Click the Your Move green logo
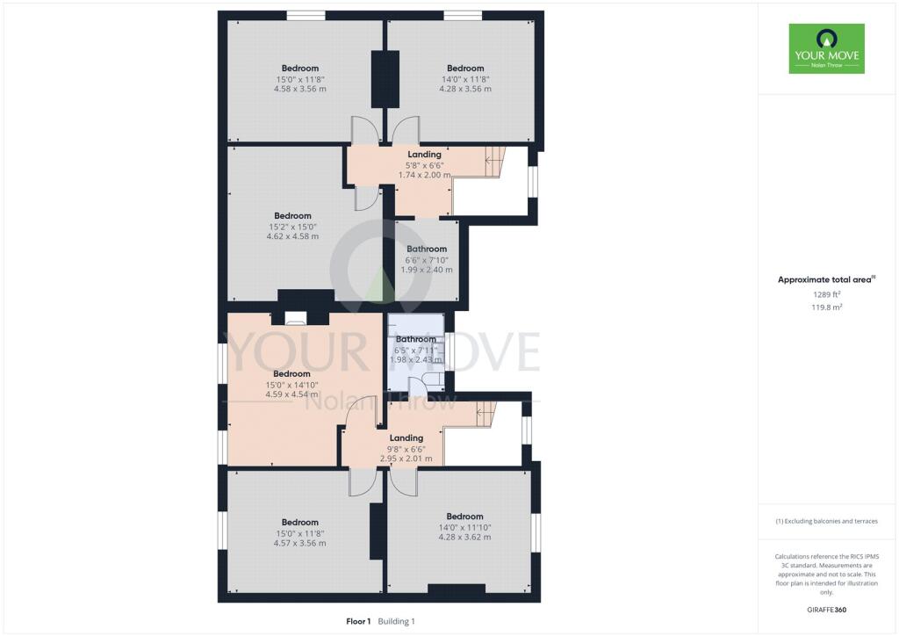coord(826,48)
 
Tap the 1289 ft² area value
coord(826,295)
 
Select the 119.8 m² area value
coord(826,307)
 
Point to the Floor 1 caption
coord(357,621)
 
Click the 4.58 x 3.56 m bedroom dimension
coord(300,89)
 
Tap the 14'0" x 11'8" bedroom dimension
coord(464,79)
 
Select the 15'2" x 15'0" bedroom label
coord(292,226)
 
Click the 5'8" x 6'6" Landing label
coord(424,165)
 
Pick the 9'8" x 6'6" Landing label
coord(406,448)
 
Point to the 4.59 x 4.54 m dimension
coord(291,394)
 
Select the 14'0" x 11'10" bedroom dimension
coord(464,527)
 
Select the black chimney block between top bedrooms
coord(385,78)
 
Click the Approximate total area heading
coord(826,279)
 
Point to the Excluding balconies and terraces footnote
coord(826,521)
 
